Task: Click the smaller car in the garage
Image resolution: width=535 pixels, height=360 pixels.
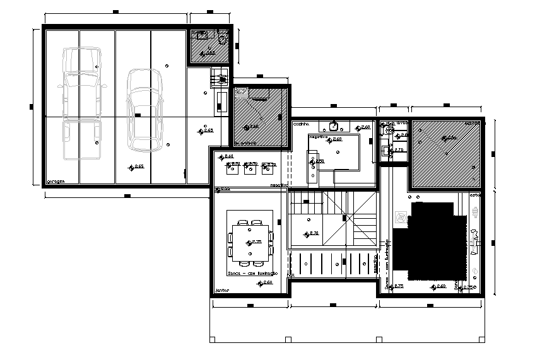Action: point(144,110)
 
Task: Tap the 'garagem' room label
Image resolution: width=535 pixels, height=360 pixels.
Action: point(56,181)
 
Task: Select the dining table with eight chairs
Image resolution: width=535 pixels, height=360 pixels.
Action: point(250,240)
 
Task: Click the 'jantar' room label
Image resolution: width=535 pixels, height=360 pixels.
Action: point(221,291)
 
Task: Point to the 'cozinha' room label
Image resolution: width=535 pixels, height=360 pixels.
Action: point(301,125)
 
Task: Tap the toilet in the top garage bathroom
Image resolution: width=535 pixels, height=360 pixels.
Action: point(222,38)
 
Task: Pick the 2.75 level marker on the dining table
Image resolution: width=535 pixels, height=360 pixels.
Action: point(255,241)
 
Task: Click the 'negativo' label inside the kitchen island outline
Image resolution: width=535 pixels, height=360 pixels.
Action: point(318,137)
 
